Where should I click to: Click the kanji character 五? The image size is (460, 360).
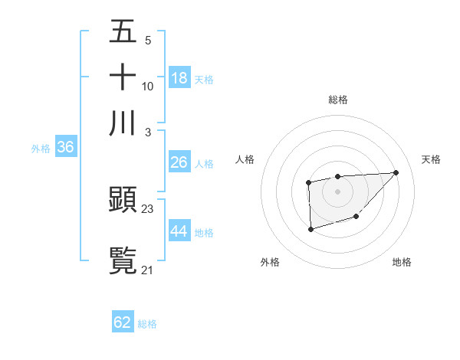(x=123, y=32)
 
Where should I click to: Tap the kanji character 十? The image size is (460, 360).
(x=123, y=78)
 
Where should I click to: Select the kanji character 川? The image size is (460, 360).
(x=123, y=123)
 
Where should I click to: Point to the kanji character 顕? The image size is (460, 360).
(x=123, y=201)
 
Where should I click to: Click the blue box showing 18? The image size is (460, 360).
(x=179, y=78)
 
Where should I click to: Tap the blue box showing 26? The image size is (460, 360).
(x=179, y=162)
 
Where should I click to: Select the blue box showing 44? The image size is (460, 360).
(x=179, y=231)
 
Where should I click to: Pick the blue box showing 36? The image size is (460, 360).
(x=65, y=148)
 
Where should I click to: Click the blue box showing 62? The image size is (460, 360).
(x=123, y=322)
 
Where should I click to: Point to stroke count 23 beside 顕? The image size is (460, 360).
(x=148, y=208)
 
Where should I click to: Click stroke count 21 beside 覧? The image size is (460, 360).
(x=148, y=269)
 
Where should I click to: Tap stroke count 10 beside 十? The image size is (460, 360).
(x=148, y=86)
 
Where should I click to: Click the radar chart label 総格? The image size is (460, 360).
(x=337, y=100)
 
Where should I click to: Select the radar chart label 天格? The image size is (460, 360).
(x=431, y=159)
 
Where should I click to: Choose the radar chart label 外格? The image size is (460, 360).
(x=270, y=262)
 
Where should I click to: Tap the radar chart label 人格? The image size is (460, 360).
(x=245, y=159)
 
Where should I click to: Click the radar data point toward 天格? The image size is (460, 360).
(x=396, y=172)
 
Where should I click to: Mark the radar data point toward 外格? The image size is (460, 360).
(x=310, y=228)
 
